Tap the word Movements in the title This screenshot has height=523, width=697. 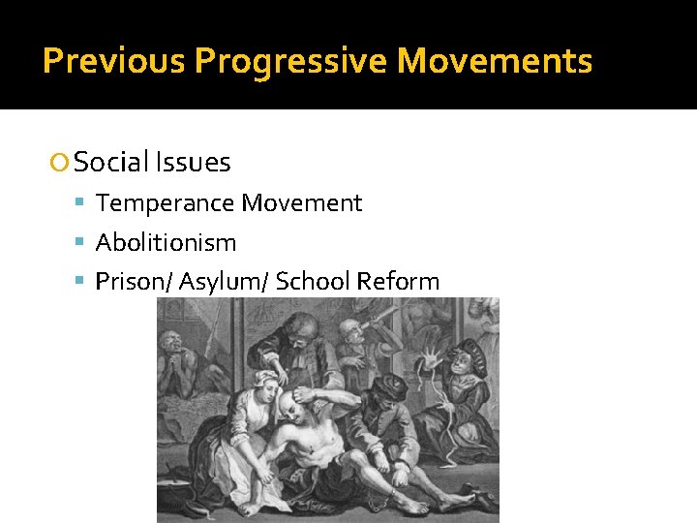[495, 61]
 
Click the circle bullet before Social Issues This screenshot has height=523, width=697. [61, 163]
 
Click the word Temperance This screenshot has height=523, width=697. [166, 203]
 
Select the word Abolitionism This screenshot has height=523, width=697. [166, 242]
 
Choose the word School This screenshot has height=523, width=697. [313, 282]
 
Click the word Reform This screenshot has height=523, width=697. [398, 282]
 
